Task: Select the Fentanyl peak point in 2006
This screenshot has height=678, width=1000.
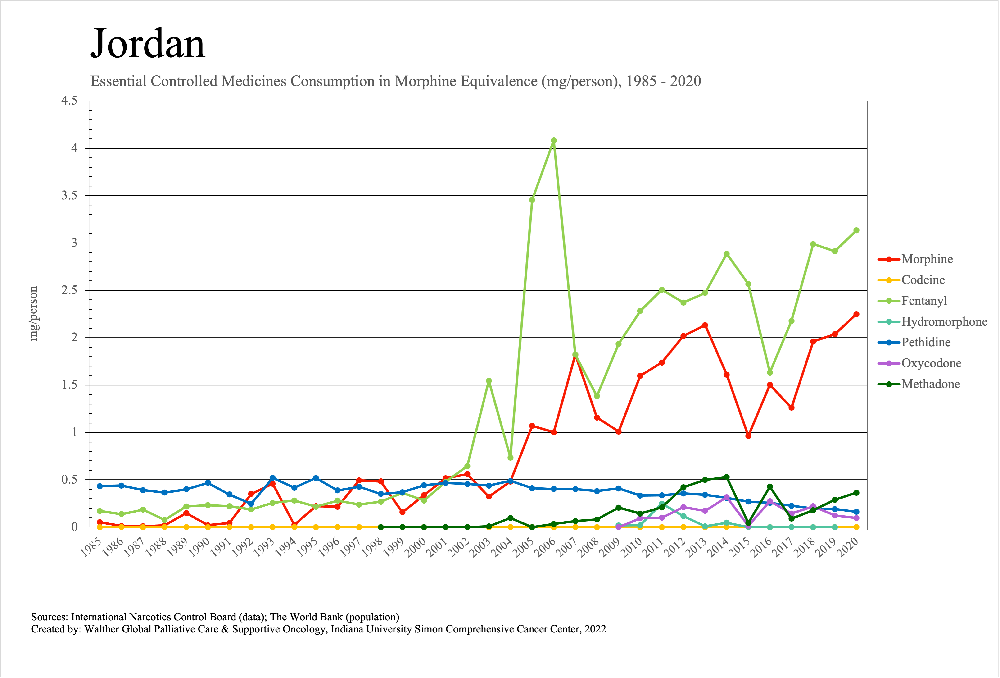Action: (554, 141)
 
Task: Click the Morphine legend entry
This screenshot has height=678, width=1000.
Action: (927, 259)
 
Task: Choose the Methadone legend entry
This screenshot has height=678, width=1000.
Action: (930, 384)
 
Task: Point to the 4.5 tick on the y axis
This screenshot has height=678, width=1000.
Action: (69, 101)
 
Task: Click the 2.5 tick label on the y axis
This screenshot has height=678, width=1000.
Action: (69, 290)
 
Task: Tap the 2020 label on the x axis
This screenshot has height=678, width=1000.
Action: (848, 548)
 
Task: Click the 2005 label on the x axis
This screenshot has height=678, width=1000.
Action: (524, 548)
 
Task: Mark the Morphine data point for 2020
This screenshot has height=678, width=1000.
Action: (856, 314)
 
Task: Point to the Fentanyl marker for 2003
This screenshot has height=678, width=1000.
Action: (489, 381)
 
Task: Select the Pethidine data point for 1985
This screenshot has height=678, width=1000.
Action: (100, 486)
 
